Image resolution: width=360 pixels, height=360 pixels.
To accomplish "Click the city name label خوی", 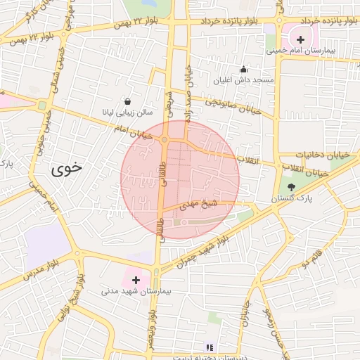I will coord(66,169).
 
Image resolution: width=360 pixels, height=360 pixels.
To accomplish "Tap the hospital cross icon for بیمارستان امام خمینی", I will coord(301,39).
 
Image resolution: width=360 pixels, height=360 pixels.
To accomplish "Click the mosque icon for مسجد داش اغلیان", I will coord(243,69).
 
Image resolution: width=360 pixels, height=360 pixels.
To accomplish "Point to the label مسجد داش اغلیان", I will coord(245,80).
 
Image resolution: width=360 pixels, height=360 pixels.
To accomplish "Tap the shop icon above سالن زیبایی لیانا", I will coord(127,101).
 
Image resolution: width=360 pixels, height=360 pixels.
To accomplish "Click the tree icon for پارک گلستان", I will coord(292,187).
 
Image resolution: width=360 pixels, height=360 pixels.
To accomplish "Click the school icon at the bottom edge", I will coord(208,347).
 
